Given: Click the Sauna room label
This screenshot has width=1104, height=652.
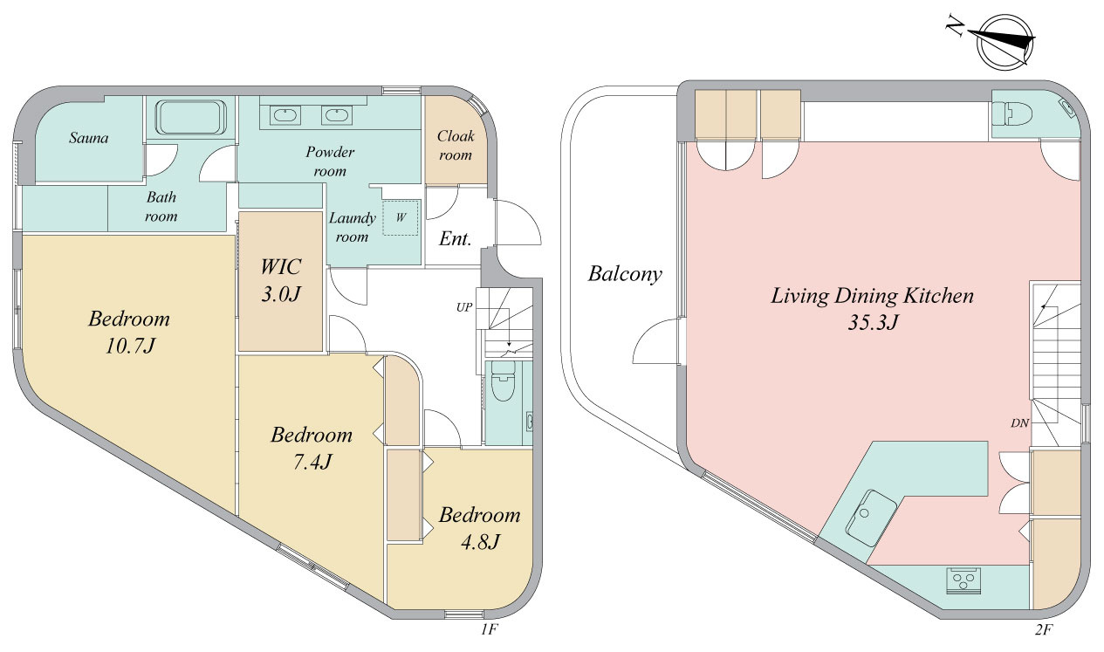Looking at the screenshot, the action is click(89, 138).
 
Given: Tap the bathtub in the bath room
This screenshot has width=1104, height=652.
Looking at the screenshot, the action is click(191, 117).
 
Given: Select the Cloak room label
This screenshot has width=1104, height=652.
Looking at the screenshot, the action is click(456, 146).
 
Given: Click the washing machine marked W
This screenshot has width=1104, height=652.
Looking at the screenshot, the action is click(401, 217).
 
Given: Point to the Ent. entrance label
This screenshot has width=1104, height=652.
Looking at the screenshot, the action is click(456, 239).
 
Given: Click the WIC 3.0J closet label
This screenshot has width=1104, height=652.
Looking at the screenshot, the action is click(280, 280).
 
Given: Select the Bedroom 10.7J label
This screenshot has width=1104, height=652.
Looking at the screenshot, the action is click(129, 333).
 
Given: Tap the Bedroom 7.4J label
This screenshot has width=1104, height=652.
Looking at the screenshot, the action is click(312, 448).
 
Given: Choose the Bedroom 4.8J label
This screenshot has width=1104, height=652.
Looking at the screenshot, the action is click(479, 528).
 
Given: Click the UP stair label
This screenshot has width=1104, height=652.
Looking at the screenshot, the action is click(464, 307).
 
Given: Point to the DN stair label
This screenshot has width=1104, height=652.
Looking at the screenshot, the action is click(1019, 422).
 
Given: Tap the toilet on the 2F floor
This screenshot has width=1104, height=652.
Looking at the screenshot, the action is click(1011, 114).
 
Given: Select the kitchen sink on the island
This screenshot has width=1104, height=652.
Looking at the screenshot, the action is click(871, 518).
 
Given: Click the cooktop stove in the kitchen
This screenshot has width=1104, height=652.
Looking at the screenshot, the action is click(963, 581).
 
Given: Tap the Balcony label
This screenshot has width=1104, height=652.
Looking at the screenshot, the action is click(625, 274).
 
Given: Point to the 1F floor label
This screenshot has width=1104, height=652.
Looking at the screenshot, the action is click(490, 629).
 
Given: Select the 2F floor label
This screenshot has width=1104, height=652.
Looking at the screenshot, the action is click(1044, 629).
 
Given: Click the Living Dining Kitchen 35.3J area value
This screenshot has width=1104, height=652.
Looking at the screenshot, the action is click(873, 322).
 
